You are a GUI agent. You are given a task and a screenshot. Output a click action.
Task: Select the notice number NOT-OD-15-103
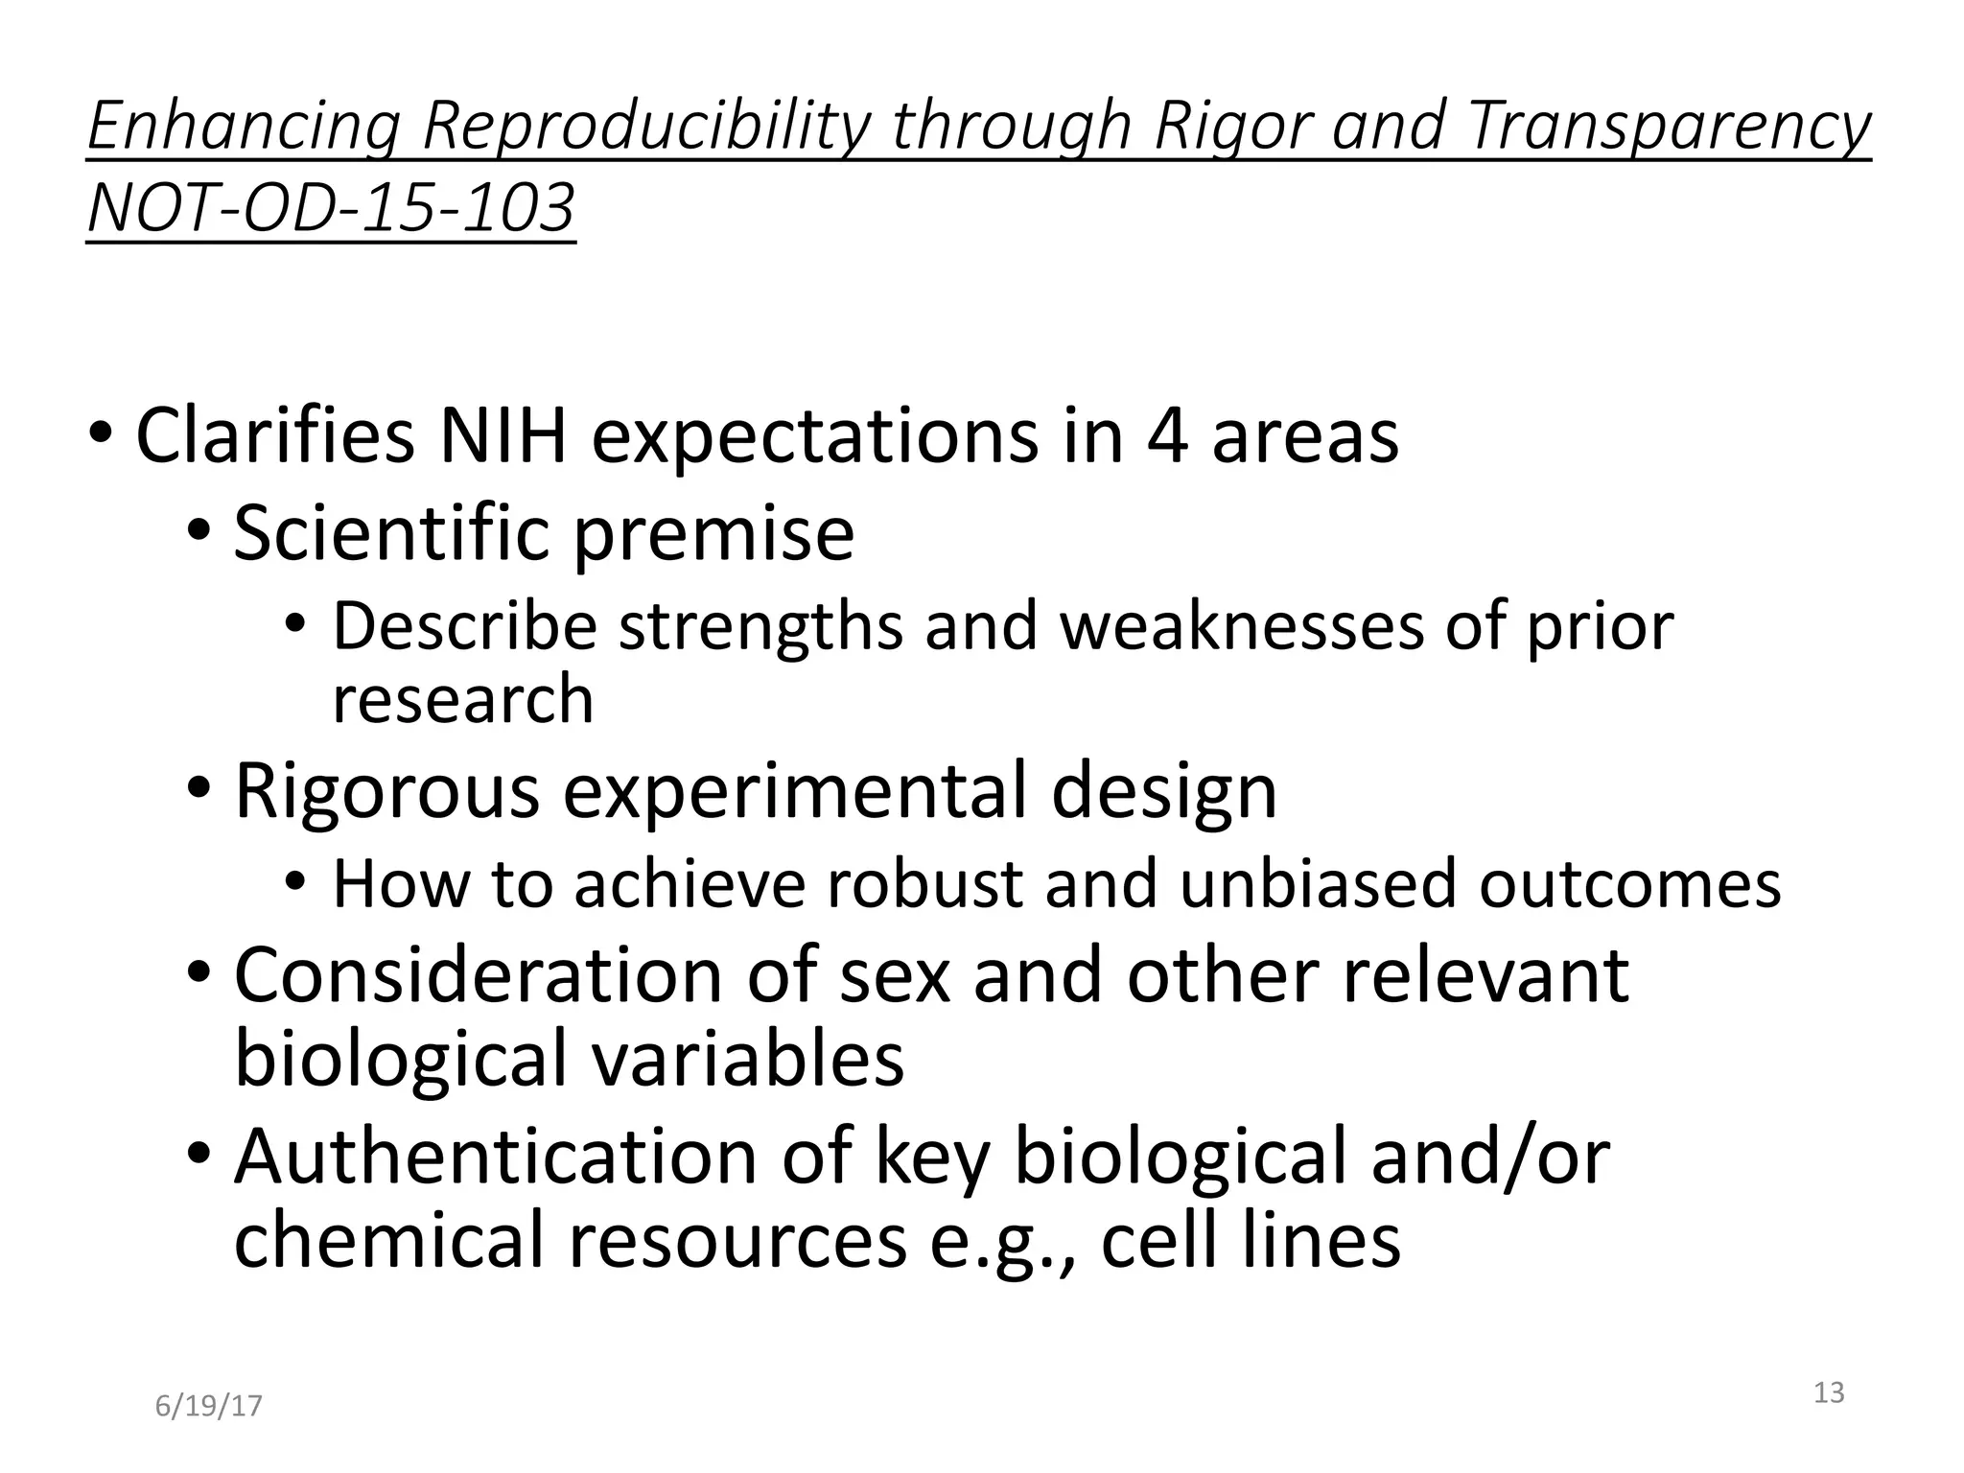tap(331, 209)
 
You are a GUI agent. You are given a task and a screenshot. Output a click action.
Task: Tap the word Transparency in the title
tap(1668, 127)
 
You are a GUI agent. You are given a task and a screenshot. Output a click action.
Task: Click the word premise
tap(713, 535)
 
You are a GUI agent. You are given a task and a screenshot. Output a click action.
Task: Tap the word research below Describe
tap(462, 698)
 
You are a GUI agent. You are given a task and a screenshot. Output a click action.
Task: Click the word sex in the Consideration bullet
tap(894, 975)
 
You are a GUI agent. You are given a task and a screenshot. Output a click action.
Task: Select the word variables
tap(747, 1058)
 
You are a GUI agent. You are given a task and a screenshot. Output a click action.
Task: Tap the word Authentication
tap(497, 1157)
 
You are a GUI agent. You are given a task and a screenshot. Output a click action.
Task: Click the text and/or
tap(1490, 1157)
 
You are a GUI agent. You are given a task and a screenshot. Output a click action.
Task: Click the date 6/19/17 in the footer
tap(208, 1406)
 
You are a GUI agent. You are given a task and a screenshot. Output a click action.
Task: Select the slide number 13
tap(1829, 1392)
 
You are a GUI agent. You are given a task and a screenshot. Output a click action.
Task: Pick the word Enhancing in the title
tap(243, 127)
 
